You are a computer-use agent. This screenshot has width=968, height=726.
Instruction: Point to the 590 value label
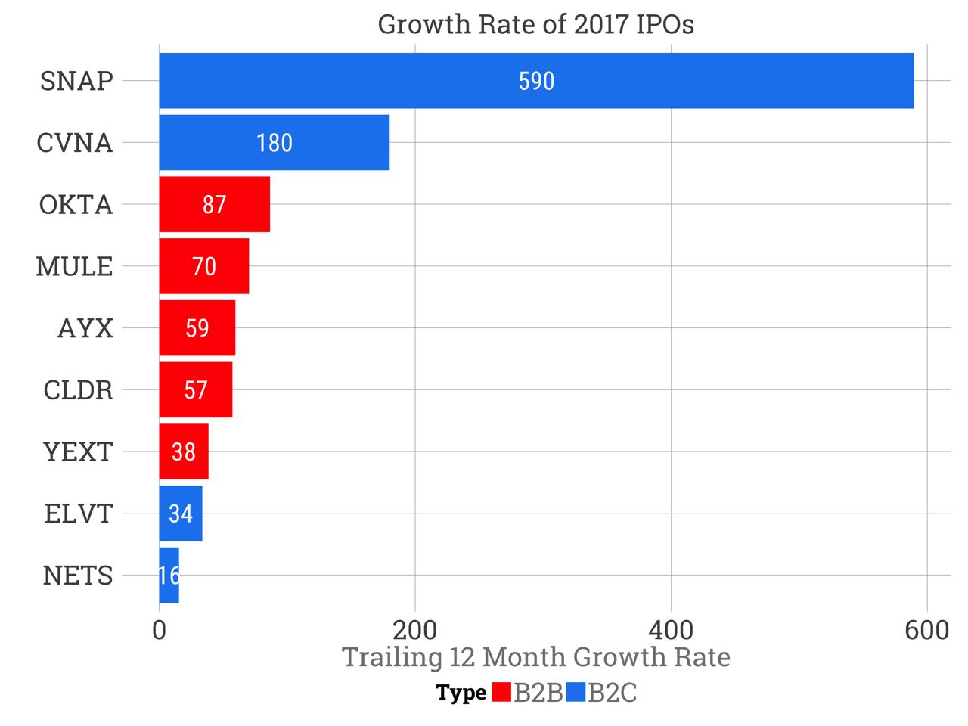pos(536,81)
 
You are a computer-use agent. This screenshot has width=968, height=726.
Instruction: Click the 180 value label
pos(274,143)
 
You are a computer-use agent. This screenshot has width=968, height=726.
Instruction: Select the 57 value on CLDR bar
pos(196,390)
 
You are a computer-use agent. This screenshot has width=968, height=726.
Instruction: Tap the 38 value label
pos(184,452)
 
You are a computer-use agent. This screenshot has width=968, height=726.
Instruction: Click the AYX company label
pos(85,328)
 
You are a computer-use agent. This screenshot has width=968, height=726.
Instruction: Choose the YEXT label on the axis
pos(78,452)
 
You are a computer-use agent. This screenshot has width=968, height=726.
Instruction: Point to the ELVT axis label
pos(78,514)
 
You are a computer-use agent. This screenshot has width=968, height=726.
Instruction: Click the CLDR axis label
pos(78,390)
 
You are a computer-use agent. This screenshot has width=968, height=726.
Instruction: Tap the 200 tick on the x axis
pos(415,630)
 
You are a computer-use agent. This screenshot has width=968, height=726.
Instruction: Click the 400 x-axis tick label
pos(671,630)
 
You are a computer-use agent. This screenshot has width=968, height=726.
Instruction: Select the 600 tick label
pos(926,630)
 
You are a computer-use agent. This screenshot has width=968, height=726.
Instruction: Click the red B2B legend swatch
pos(501,692)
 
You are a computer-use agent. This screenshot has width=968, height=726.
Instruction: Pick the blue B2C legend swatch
pos(576,692)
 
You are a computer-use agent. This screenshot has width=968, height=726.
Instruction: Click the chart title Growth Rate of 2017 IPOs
pos(535,25)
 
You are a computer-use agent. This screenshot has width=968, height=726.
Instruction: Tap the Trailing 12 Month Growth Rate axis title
pos(536,657)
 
